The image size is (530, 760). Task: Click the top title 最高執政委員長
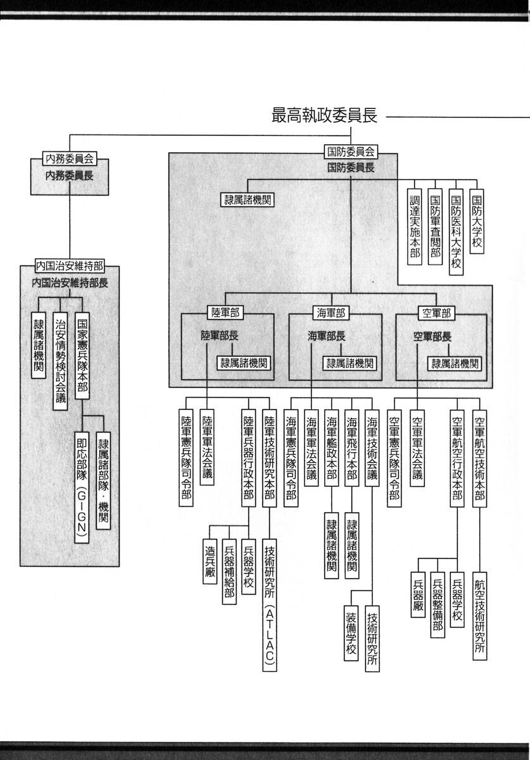[324, 116]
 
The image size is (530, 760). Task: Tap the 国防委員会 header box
[350, 152]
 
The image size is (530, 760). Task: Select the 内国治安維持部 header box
[70, 267]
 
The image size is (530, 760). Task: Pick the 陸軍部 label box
[222, 312]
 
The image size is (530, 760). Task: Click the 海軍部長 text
[327, 335]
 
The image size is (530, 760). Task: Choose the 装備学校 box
[351, 633]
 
